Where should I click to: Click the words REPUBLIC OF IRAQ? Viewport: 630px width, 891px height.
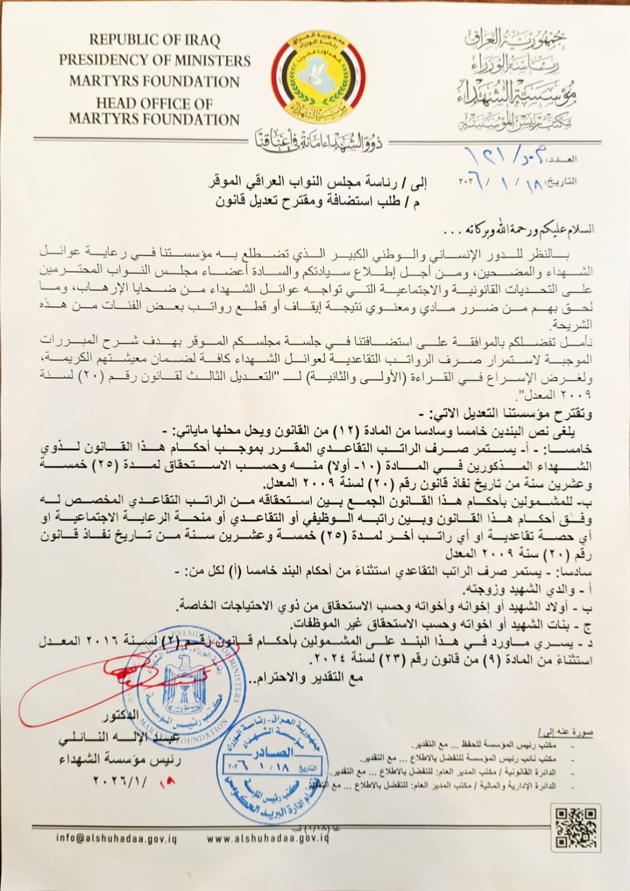click(154, 40)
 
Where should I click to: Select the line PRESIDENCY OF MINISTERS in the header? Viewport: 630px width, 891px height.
click(154, 60)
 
